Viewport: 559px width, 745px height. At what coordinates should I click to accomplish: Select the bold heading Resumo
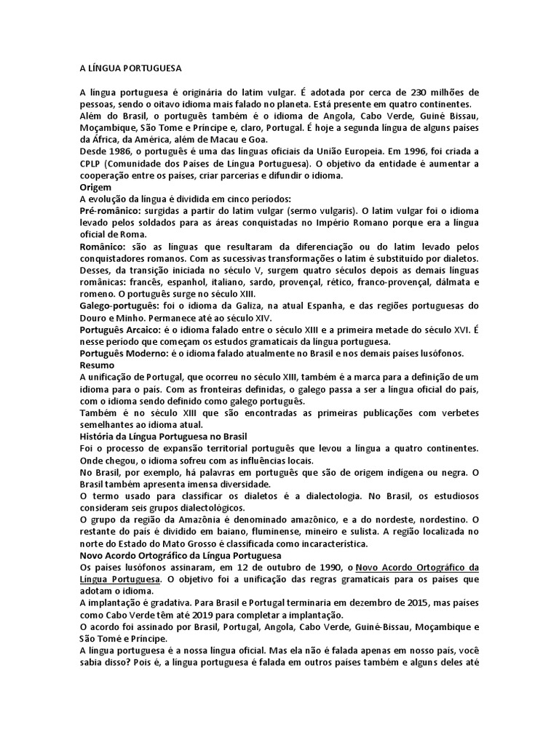coord(97,364)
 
